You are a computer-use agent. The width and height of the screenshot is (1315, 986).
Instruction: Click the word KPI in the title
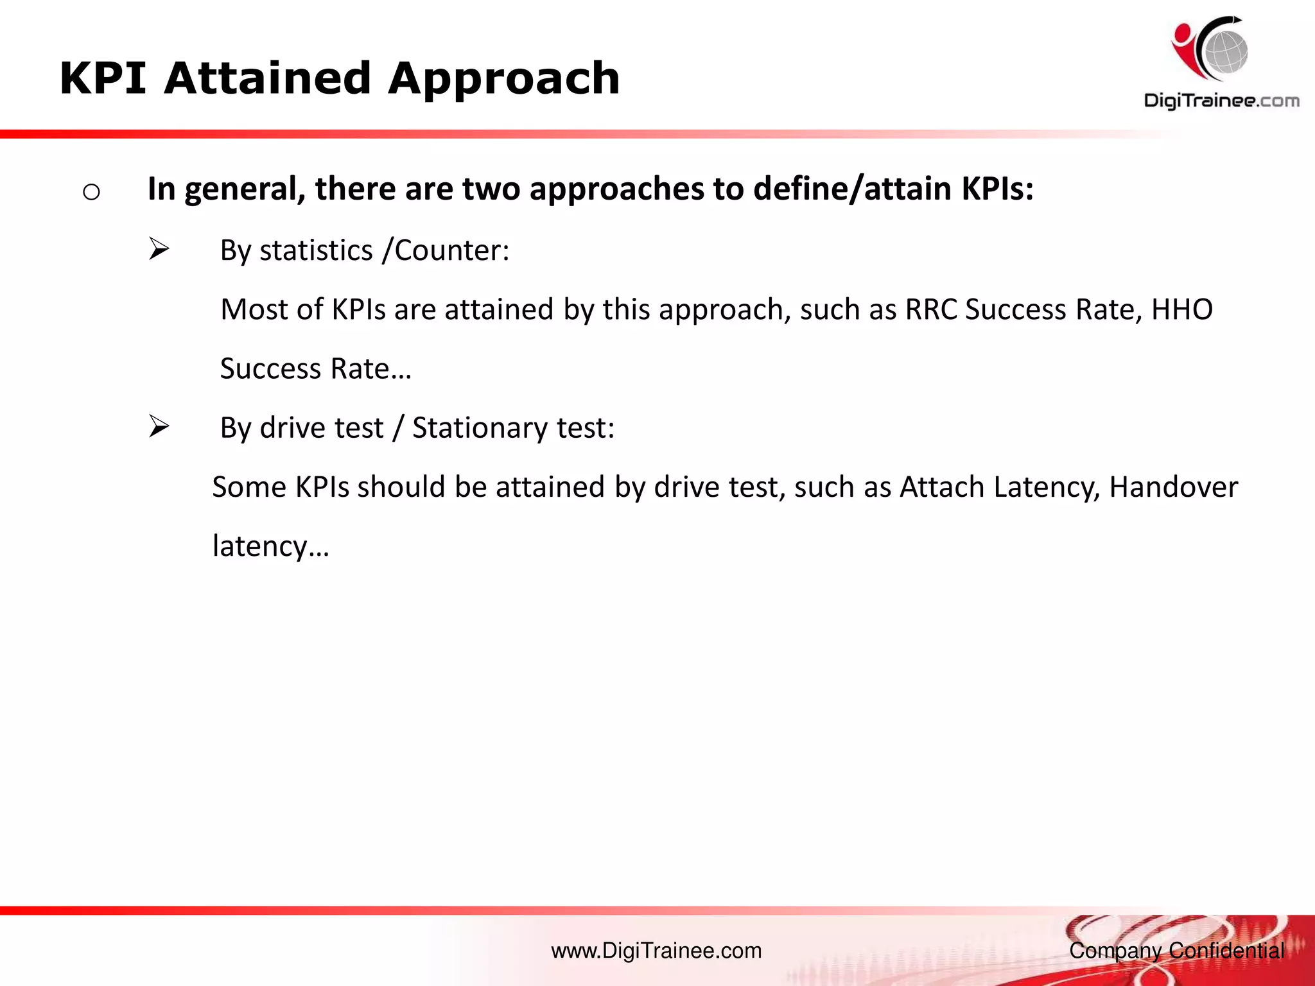[x=103, y=78]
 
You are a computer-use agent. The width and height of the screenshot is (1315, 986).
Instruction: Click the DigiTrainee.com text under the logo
[x=1221, y=101]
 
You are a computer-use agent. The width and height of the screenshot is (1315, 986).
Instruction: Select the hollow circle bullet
[x=91, y=192]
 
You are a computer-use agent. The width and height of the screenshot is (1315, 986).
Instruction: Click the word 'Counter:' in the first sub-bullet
[x=452, y=250]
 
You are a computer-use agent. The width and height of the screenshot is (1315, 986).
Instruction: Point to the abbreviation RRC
[x=931, y=309]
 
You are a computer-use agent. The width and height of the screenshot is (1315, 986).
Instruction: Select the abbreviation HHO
[x=1181, y=309]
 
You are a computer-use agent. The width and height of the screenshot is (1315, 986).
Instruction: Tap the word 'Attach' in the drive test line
[x=942, y=487]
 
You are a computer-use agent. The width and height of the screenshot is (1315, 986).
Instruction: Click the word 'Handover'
[x=1173, y=487]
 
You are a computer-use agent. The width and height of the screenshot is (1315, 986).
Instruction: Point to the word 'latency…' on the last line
[x=270, y=547]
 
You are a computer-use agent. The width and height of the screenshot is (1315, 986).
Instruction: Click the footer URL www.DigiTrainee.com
[x=656, y=951]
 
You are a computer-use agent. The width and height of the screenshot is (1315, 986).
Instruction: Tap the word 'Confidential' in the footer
[x=1226, y=951]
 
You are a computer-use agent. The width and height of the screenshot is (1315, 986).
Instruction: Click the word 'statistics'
[x=316, y=250]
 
